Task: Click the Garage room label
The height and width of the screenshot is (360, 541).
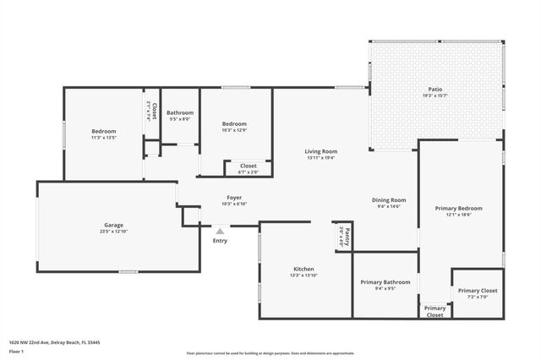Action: pos(114,225)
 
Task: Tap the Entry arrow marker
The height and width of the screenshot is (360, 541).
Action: pos(220,231)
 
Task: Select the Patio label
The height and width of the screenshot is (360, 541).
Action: pos(434,89)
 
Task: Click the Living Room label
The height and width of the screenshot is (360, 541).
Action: pos(321,151)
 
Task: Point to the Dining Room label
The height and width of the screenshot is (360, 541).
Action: pos(389,200)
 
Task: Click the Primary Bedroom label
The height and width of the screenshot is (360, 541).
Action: pos(458,208)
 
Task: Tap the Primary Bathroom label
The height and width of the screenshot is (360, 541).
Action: pos(385,282)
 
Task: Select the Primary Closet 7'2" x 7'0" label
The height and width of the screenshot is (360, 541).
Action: pos(478,291)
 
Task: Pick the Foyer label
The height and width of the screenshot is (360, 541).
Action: pos(234,198)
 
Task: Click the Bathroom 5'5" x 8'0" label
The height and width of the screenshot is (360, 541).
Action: pos(180,113)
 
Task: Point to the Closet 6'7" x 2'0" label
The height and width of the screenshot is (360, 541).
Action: pos(249,166)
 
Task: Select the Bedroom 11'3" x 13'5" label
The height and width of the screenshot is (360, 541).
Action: pos(104,131)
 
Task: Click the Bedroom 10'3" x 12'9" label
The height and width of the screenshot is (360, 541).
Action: pos(234,123)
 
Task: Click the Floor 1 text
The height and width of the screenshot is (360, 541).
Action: pos(17,350)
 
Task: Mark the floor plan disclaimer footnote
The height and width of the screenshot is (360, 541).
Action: pos(270,352)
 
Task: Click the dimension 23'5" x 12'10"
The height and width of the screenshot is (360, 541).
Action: pos(114,231)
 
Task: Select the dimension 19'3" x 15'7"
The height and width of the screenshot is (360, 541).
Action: pos(434,95)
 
